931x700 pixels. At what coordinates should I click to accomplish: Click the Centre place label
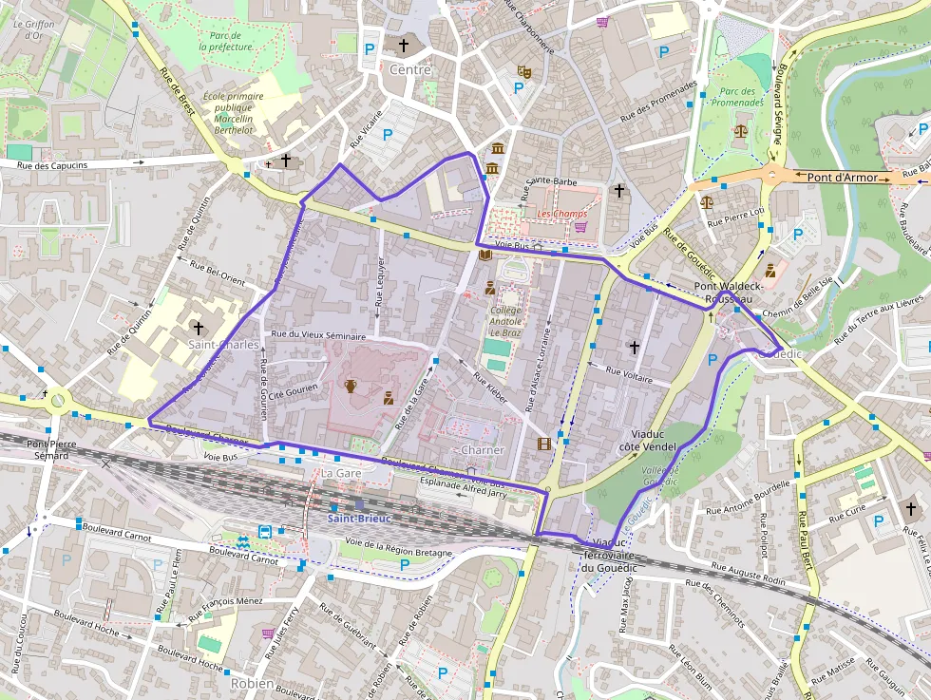point(410,69)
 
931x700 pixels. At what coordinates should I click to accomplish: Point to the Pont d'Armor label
point(843,177)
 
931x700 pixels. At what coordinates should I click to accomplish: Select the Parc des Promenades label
point(737,96)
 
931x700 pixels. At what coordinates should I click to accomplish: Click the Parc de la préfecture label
point(226,41)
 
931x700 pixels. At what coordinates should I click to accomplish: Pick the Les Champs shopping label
point(561,214)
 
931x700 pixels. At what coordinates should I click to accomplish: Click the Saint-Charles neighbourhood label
point(223,344)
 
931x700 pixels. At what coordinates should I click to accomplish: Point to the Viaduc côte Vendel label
point(647,439)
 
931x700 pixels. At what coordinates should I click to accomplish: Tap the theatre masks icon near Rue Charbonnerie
point(522,71)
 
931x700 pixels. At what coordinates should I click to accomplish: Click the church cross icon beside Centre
point(403,45)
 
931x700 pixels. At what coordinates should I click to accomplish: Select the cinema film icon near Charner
point(543,443)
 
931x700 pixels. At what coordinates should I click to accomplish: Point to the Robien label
point(252,683)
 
